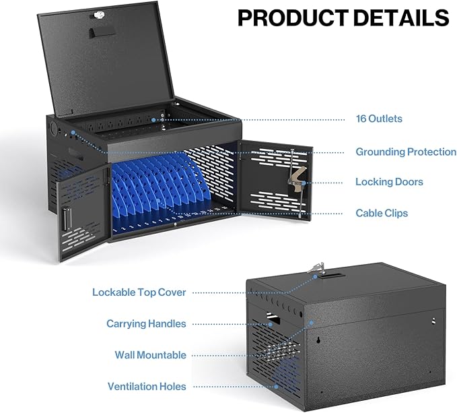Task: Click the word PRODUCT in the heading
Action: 293,18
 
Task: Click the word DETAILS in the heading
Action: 401,18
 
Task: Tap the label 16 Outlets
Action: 379,119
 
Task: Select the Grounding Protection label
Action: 406,152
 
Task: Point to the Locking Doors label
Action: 389,182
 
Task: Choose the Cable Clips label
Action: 382,213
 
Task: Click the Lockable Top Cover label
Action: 139,292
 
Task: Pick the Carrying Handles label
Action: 146,323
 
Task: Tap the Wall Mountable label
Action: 150,355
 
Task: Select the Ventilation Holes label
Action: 147,387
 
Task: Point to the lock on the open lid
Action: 98,15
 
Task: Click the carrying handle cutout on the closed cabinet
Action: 273,319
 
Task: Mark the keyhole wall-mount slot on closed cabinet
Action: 318,340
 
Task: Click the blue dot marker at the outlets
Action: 153,119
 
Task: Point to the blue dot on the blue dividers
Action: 159,201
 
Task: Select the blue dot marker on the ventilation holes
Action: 276,387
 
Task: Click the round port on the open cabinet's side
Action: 54,127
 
